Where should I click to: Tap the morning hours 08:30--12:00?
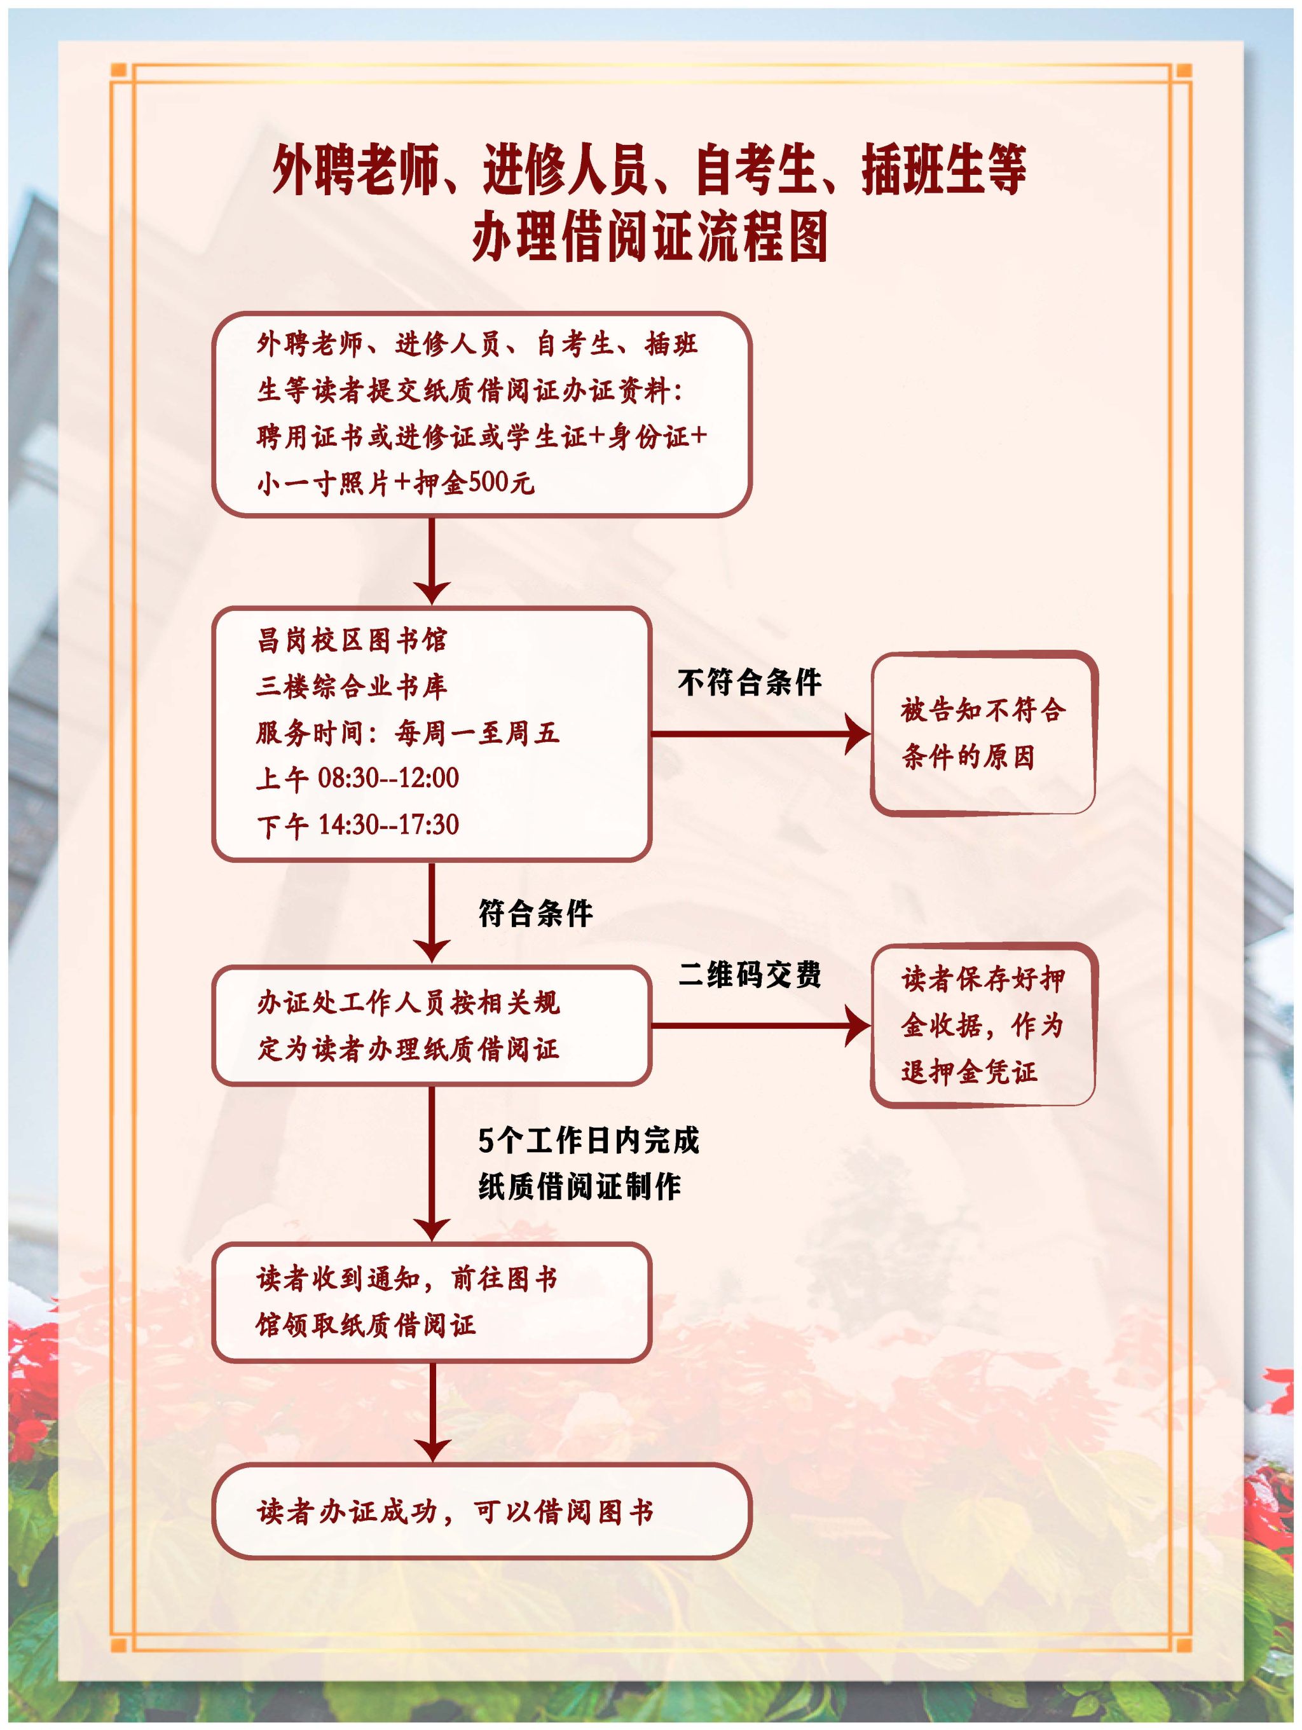point(388,778)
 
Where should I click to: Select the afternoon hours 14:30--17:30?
point(388,825)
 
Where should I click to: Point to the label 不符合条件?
point(749,683)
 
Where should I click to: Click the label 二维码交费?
point(749,975)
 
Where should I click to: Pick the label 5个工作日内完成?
point(588,1141)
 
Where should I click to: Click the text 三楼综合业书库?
point(352,687)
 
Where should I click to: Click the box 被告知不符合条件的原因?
point(982,734)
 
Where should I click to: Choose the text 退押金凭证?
point(969,1071)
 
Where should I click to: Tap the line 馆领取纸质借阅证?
point(365,1326)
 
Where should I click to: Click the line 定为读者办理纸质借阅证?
point(408,1050)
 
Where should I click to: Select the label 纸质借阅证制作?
point(579,1187)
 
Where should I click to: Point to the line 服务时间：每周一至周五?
point(408,733)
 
